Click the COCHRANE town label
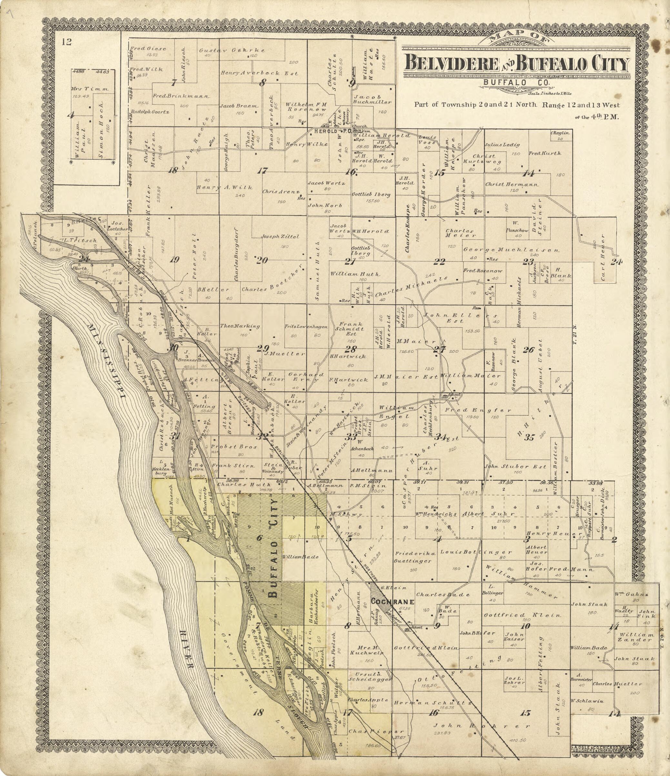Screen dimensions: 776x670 click(x=392, y=602)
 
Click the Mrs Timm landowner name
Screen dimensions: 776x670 click(x=90, y=89)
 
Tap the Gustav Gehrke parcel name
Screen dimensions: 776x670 click(x=232, y=50)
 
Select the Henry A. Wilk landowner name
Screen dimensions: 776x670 click(x=225, y=187)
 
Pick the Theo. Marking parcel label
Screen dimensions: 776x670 click(x=240, y=326)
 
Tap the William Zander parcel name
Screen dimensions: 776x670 click(x=636, y=637)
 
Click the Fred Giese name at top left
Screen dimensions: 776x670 click(x=148, y=48)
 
